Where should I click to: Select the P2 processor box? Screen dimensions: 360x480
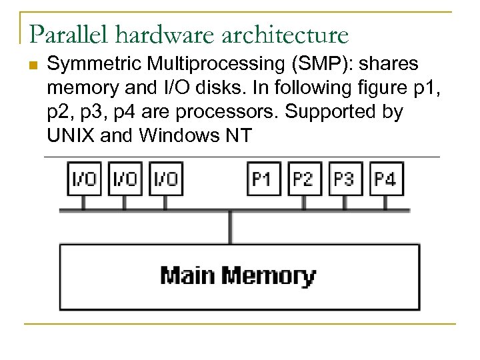303,179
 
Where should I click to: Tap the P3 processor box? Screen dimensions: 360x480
345,179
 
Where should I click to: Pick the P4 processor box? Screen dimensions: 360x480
385,179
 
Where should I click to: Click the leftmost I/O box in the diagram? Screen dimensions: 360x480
83,179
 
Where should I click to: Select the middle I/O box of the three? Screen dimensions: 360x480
124,179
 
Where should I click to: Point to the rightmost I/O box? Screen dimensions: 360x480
165,179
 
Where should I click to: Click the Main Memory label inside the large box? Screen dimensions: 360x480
238,275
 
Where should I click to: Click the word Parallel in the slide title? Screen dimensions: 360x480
61,33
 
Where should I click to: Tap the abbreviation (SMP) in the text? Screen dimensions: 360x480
294,65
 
